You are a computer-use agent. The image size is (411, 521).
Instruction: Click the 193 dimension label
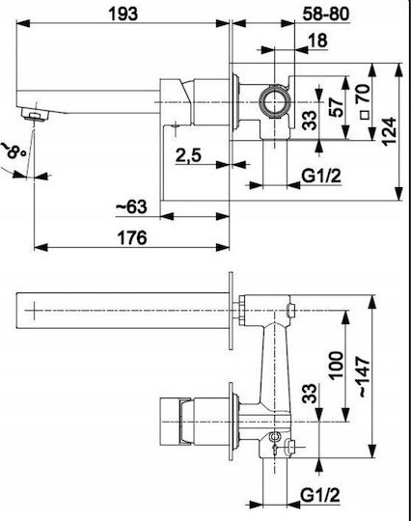pyautogui.click(x=123, y=14)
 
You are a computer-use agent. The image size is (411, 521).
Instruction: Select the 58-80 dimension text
pyautogui.click(x=326, y=14)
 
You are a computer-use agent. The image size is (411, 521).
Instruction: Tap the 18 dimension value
pyautogui.click(x=317, y=41)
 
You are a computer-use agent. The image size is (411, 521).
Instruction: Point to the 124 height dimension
pyautogui.click(x=389, y=131)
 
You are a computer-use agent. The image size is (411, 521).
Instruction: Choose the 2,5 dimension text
pyautogui.click(x=188, y=155)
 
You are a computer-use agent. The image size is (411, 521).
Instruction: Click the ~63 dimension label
pyautogui.click(x=131, y=206)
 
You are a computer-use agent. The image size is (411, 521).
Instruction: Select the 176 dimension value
pyautogui.click(x=132, y=238)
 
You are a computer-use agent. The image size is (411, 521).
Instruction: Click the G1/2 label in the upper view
pyautogui.click(x=321, y=176)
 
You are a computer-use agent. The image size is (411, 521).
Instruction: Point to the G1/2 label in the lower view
pyautogui.click(x=320, y=496)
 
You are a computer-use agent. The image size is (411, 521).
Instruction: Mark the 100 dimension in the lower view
pyautogui.click(x=336, y=365)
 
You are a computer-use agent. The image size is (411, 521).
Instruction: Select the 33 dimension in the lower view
pyautogui.click(x=309, y=394)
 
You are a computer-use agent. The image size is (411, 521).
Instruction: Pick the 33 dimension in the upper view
pyautogui.click(x=309, y=121)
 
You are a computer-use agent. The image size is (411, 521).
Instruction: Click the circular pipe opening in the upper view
pyautogui.click(x=275, y=101)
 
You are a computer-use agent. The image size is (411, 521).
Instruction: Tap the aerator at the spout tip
pyautogui.click(x=35, y=114)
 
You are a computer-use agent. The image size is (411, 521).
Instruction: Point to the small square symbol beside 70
pyautogui.click(x=365, y=115)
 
